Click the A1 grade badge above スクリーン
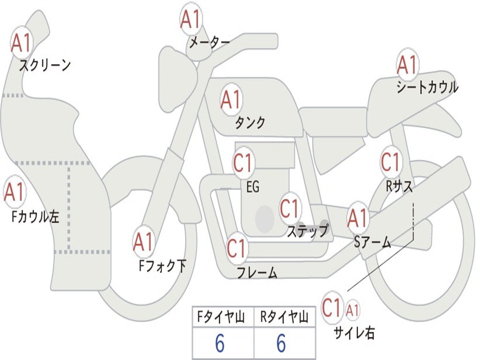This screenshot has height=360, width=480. click(22, 43)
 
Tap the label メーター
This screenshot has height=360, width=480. click(209, 43)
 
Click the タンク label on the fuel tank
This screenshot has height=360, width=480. click(250, 122)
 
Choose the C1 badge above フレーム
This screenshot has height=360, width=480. click(237, 247)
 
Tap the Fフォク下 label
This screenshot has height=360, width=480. click(162, 266)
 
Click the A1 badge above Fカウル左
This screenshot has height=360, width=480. click(15, 192)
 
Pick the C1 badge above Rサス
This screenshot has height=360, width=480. click(390, 162)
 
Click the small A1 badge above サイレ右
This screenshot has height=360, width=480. click(352, 309)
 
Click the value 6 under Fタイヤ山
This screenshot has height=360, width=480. click(220, 344)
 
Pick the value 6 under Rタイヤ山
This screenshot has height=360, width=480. click(281, 344)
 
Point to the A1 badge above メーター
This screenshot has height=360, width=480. click(191, 19)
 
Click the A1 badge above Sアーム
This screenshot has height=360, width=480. click(358, 218)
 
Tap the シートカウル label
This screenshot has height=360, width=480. click(427, 88)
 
